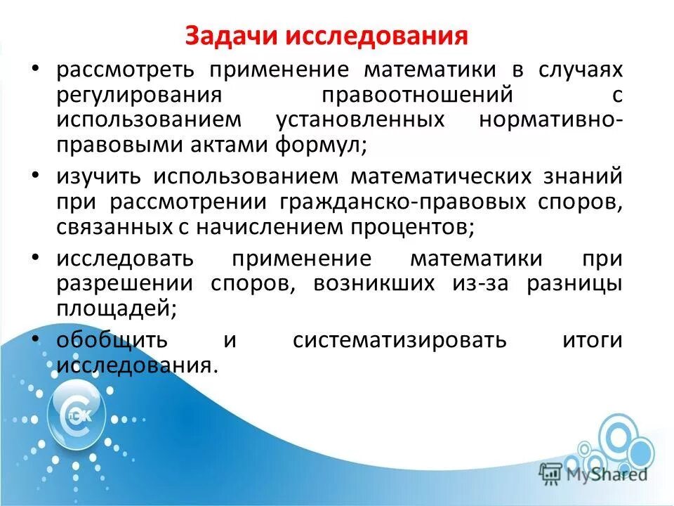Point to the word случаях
[581, 71]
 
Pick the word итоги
[592, 340]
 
